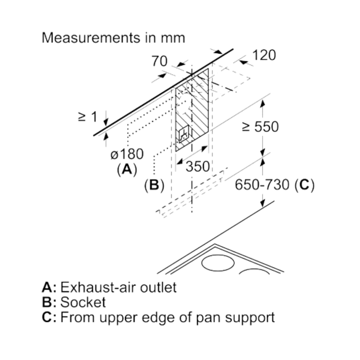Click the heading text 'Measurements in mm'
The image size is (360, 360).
tap(113, 38)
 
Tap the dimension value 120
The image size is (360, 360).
tap(264, 55)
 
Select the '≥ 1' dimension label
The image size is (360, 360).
tap(88, 117)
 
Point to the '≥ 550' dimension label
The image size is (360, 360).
tap(260, 127)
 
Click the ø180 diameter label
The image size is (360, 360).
tap(127, 154)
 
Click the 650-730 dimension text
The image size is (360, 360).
tap(262, 185)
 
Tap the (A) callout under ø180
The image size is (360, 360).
tap(127, 170)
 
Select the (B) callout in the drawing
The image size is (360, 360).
tap(154, 185)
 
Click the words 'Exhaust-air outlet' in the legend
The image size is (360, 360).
tap(118, 287)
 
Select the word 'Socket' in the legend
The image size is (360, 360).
tap(83, 302)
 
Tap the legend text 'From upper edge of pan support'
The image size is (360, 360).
tap(168, 317)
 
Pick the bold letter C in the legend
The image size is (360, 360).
tap(47, 317)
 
